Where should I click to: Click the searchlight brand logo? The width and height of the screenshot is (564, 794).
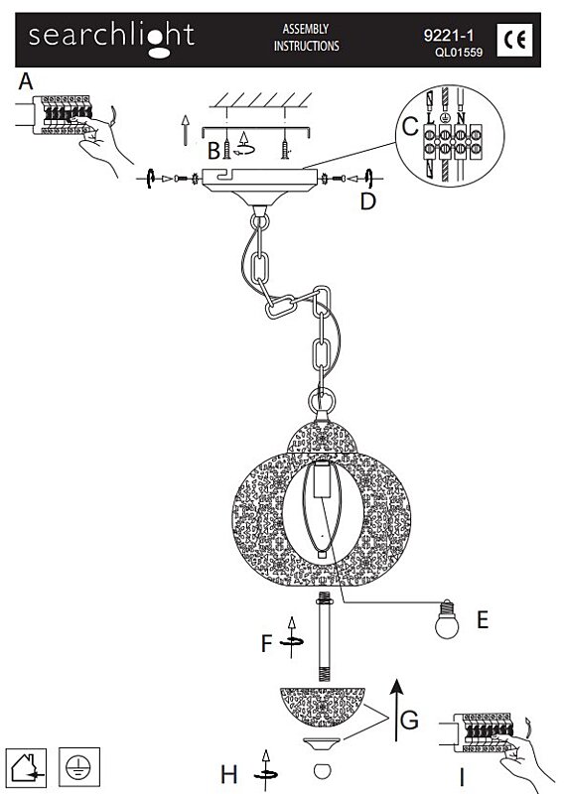pyautogui.click(x=111, y=39)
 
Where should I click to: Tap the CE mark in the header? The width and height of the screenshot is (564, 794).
pyautogui.click(x=514, y=40)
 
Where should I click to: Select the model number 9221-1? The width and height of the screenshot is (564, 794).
pyautogui.click(x=449, y=35)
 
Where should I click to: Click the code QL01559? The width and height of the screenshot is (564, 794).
pyautogui.click(x=459, y=52)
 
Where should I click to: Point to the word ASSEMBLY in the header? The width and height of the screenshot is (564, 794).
pyautogui.click(x=306, y=29)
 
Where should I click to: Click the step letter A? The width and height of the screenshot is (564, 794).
pyautogui.click(x=26, y=81)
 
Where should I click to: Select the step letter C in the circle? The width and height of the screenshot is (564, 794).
pyautogui.click(x=410, y=127)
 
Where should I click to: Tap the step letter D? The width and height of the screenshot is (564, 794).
pyautogui.click(x=368, y=201)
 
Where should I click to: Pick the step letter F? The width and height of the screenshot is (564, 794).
pyautogui.click(x=266, y=643)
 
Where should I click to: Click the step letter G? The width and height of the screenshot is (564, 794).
pyautogui.click(x=409, y=719)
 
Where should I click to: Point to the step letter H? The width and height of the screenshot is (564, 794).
pyautogui.click(x=229, y=774)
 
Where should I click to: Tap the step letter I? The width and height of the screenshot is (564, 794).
pyautogui.click(x=462, y=776)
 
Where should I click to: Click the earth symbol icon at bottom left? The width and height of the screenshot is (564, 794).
pyautogui.click(x=79, y=767)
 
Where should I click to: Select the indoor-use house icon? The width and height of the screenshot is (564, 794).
pyautogui.click(x=26, y=767)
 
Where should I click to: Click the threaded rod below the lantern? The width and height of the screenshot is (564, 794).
pyautogui.click(x=324, y=636)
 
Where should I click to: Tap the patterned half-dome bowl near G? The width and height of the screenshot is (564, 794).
pyautogui.click(x=323, y=707)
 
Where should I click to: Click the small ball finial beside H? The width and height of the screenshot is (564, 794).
pyautogui.click(x=322, y=772)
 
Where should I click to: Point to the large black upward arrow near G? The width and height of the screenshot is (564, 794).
pyautogui.click(x=396, y=710)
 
